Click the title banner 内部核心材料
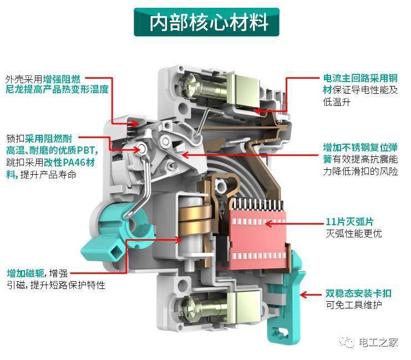[206, 22]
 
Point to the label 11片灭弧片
[349, 221]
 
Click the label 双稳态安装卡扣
[358, 293]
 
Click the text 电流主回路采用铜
[361, 78]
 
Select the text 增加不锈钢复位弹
[360, 148]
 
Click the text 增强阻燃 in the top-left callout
[62, 78]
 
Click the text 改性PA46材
[69, 163]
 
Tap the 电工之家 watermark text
[378, 342]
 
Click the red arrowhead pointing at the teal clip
[304, 295]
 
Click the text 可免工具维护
[354, 305]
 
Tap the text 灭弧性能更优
[354, 233]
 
